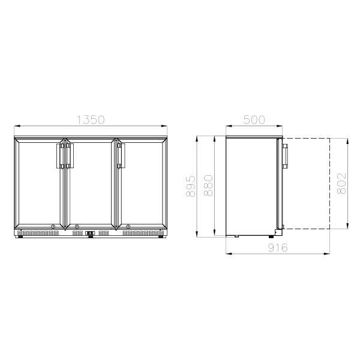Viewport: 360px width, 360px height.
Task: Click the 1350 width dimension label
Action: point(91,120)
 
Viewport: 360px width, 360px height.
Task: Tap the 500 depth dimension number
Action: point(254,120)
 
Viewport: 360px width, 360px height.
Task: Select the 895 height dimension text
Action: point(191,187)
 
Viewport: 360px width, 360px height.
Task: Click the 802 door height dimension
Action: point(341,184)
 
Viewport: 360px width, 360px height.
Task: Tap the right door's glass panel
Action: point(142,183)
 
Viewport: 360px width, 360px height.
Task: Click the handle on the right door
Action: point(119,155)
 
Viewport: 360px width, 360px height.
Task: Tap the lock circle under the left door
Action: point(53,227)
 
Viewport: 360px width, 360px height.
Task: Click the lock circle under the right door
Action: point(127,227)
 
